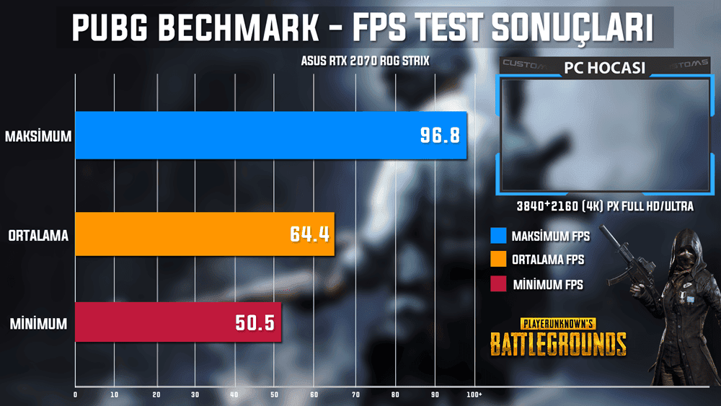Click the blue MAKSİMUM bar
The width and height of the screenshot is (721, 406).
pyautogui.click(x=270, y=135)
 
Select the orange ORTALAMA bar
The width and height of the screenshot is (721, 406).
pyautogui.click(x=204, y=234)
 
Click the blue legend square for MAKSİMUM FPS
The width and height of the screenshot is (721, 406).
pyautogui.click(x=497, y=236)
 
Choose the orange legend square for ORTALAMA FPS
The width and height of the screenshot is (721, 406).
pyautogui.click(x=497, y=259)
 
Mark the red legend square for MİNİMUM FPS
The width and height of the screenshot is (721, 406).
pyautogui.click(x=497, y=284)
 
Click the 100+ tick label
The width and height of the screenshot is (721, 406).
pyautogui.click(x=474, y=394)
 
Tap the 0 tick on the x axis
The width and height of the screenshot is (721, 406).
pyautogui.click(x=75, y=394)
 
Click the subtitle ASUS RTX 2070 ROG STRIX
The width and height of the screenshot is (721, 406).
pyautogui.click(x=365, y=61)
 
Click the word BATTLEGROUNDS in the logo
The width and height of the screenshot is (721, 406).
pyautogui.click(x=558, y=344)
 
